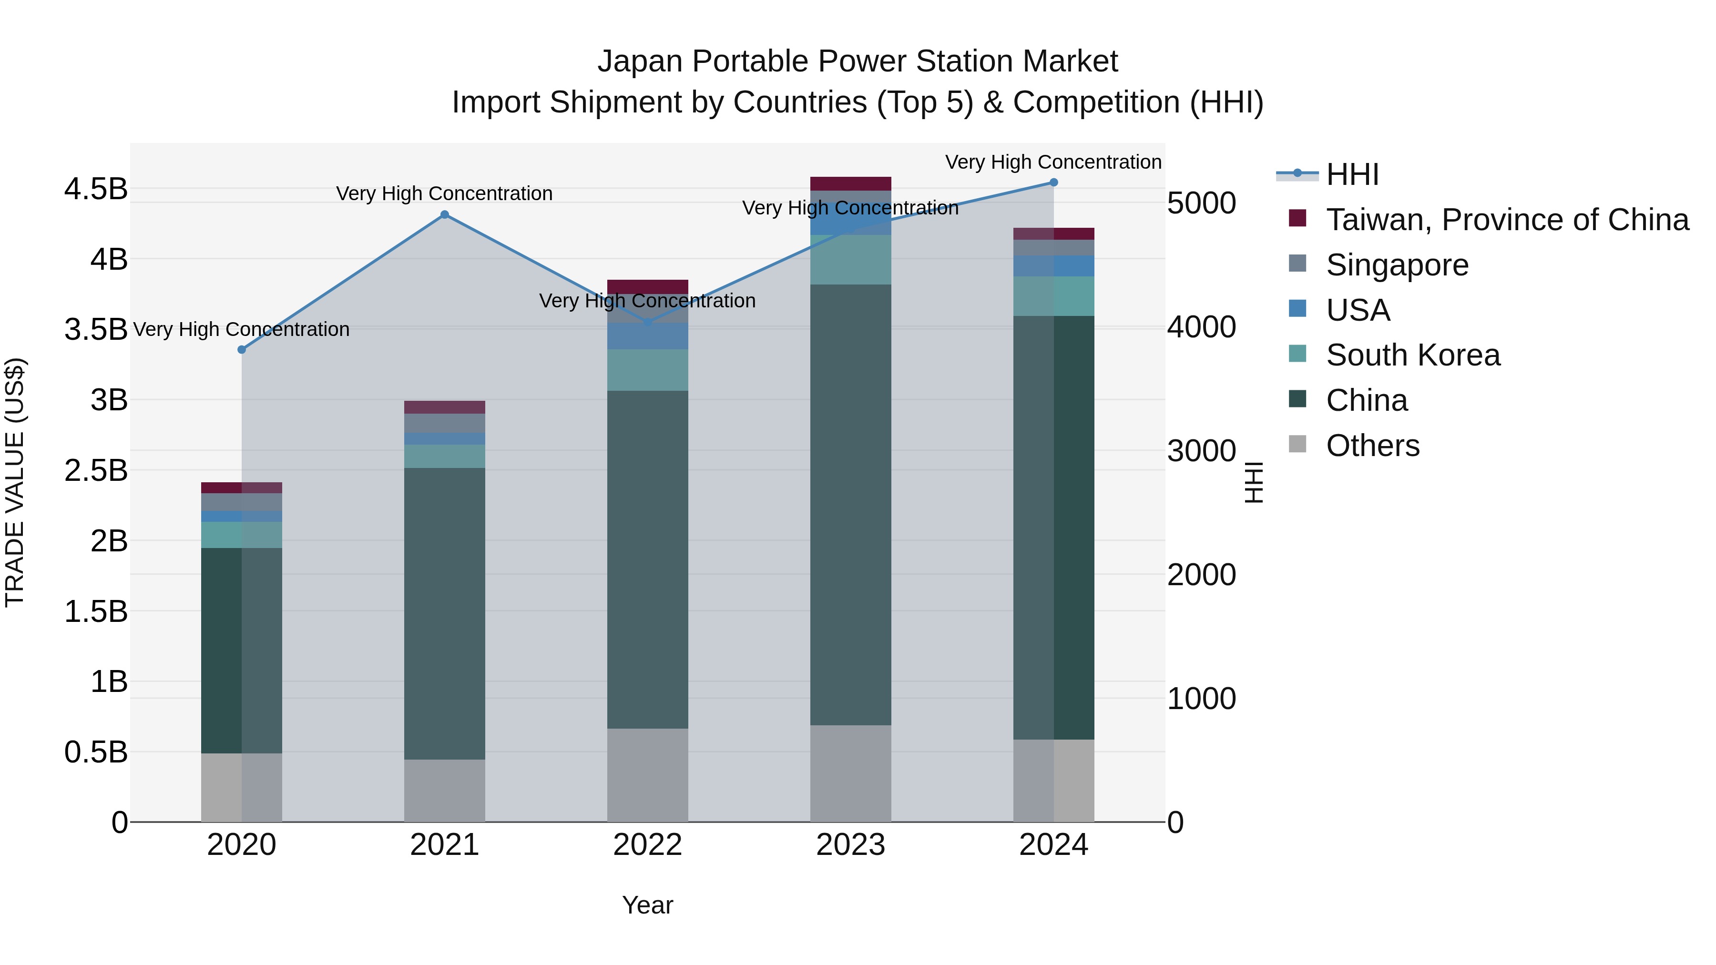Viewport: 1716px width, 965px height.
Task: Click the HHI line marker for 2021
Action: pos(445,214)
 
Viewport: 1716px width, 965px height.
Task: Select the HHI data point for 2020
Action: pos(242,350)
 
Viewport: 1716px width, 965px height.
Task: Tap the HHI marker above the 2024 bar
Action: pos(1054,183)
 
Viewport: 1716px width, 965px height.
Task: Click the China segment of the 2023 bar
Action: pos(851,504)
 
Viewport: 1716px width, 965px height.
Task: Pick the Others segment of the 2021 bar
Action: pos(445,791)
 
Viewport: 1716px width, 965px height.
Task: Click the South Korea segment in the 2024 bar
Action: pos(1054,295)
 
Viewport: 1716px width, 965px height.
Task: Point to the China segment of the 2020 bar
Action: pos(242,650)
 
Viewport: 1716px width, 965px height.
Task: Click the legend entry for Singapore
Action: pos(1397,265)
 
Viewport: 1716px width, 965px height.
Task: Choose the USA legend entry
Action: pos(1358,310)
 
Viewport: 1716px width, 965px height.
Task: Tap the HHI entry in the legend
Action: pos(1352,174)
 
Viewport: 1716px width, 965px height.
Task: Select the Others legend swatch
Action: pos(1297,444)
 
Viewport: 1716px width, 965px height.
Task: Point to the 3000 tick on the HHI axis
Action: pos(1201,451)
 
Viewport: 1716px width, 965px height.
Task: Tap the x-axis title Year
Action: pos(647,905)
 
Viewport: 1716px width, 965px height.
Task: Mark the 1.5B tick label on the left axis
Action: pos(95,611)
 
